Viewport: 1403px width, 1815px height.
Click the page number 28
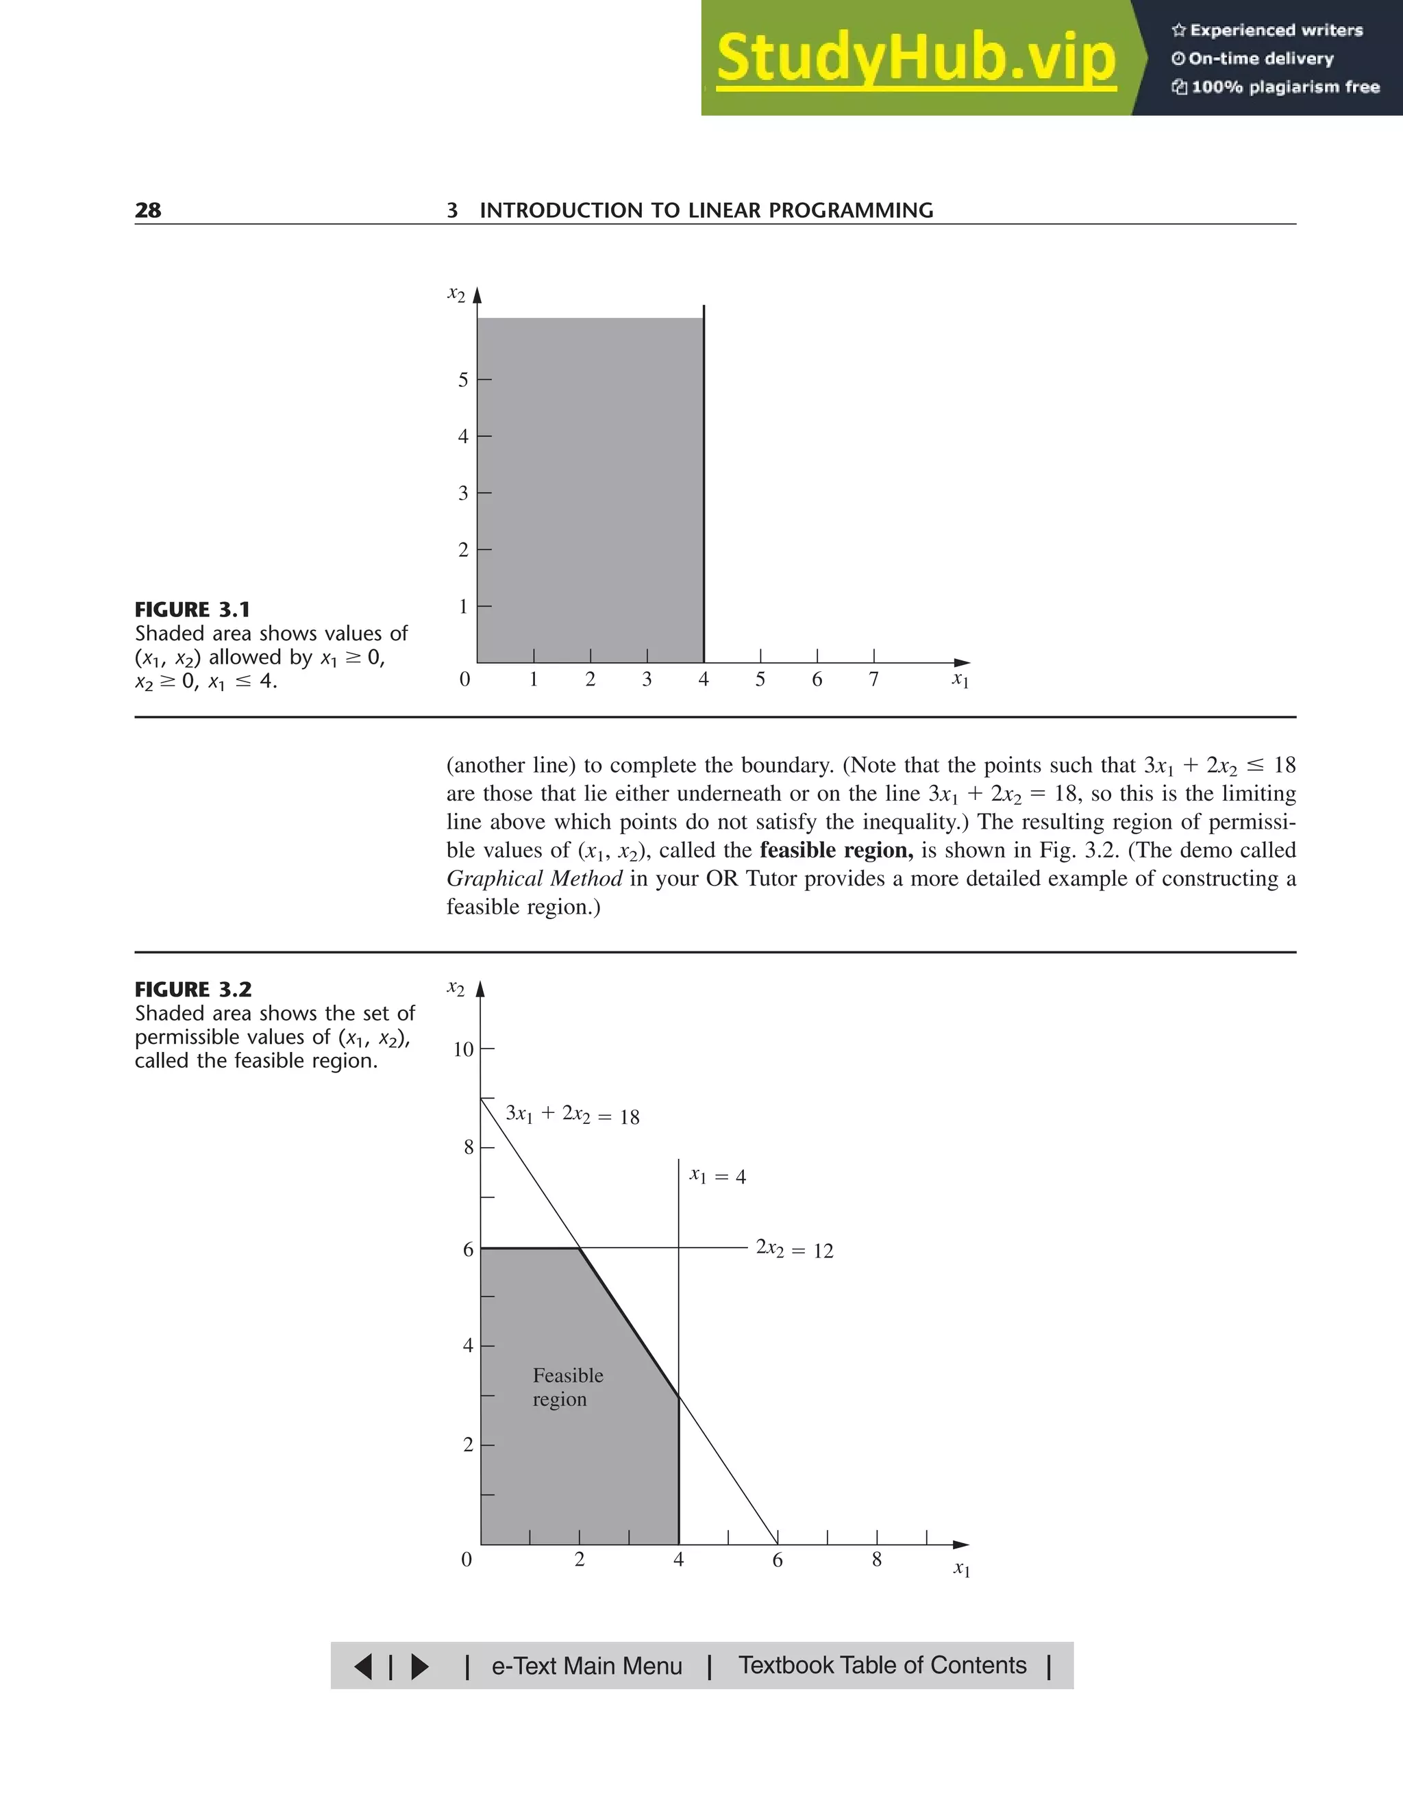[148, 210]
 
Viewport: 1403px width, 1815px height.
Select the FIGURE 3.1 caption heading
[192, 610]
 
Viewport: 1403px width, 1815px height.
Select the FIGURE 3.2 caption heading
[193, 990]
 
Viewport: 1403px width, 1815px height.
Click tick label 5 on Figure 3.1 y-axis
[463, 381]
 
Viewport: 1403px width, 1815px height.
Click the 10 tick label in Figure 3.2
[463, 1049]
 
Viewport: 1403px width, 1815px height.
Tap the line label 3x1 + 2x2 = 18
[573, 1115]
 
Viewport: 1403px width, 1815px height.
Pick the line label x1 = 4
[717, 1176]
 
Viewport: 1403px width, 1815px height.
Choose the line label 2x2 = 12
[794, 1250]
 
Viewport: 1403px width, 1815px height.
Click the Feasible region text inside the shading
[568, 1387]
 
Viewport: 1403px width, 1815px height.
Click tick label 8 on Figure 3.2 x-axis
[877, 1560]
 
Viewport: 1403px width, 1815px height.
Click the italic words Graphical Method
[534, 879]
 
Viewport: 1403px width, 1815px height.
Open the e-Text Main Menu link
[587, 1666]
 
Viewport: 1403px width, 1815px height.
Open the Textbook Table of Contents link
[882, 1666]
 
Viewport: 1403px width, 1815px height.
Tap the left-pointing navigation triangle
[364, 1666]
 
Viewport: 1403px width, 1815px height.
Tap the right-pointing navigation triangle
[420, 1666]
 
